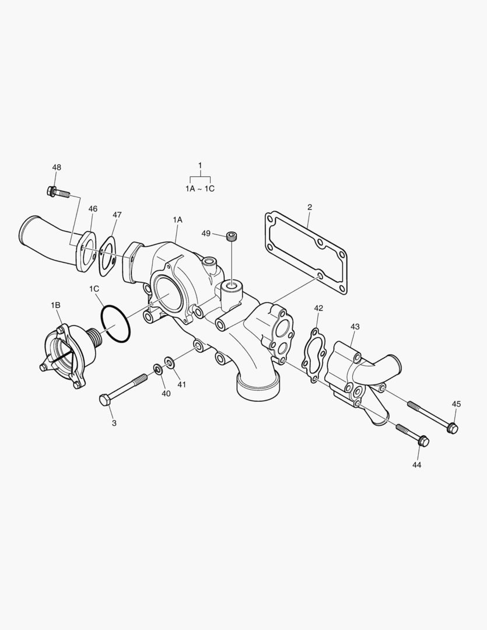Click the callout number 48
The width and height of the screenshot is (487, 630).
57,167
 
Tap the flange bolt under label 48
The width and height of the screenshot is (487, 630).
57,191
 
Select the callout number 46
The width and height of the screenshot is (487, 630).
93,209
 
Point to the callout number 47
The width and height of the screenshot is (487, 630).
117,215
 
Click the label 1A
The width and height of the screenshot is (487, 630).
177,219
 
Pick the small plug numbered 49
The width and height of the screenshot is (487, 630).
233,236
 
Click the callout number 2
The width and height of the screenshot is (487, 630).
310,206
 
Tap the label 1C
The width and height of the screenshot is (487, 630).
94,289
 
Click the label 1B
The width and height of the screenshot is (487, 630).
55,305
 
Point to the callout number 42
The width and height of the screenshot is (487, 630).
318,307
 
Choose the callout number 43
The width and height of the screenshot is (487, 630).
355,327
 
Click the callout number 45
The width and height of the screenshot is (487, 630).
456,404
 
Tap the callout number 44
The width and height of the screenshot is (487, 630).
416,465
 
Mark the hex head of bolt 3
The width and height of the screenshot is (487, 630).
104,401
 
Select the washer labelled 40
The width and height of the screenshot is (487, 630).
158,369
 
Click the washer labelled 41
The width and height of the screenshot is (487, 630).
169,363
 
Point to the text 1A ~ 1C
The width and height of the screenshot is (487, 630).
200,189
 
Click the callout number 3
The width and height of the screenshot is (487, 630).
114,423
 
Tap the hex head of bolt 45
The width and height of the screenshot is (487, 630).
453,429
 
